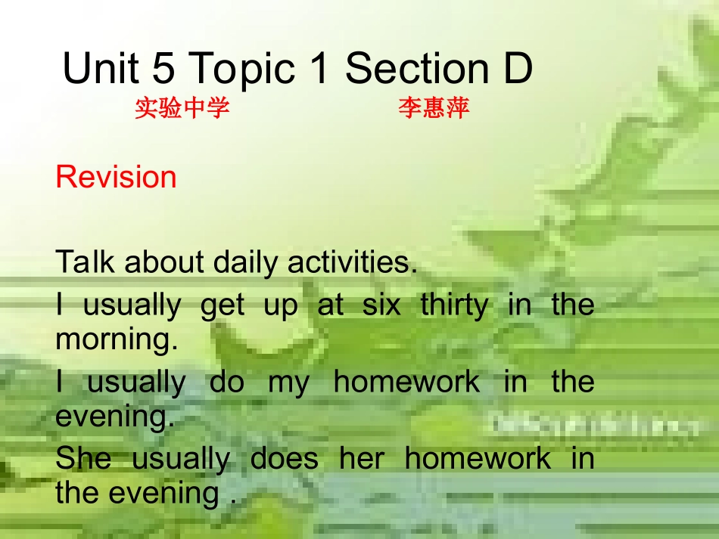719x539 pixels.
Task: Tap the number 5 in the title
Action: pos(163,69)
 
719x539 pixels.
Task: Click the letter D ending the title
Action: pos(518,69)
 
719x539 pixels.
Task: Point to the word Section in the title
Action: pos(416,69)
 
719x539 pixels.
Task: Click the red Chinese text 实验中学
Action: pos(182,108)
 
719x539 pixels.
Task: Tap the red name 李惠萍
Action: pos(434,108)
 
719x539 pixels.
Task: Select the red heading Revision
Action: pos(116,177)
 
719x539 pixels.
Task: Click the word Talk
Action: pos(85,262)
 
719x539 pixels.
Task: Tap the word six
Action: pos(382,305)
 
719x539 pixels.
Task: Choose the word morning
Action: pos(116,340)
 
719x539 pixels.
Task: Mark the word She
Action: pos(83,458)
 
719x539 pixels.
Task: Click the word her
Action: pos(360,458)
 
